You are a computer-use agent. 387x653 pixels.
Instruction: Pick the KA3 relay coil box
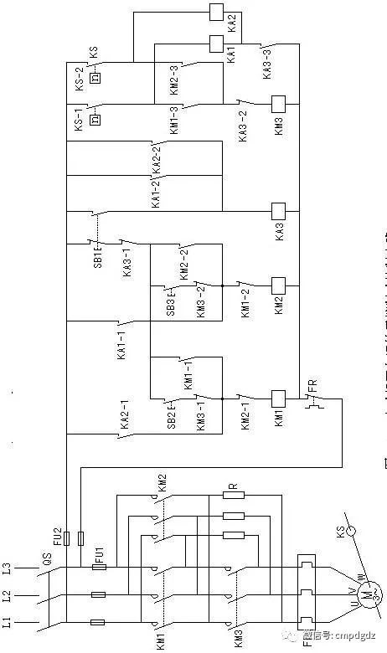(278, 210)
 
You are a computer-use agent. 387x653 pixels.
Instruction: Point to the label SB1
(97, 254)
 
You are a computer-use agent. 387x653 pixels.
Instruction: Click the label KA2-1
(123, 419)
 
